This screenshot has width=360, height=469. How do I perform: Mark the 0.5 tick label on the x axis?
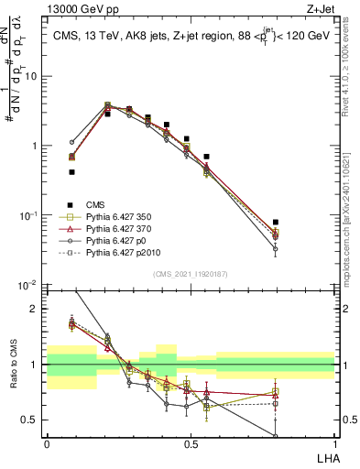[191, 443]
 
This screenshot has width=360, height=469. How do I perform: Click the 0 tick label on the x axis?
[47, 443]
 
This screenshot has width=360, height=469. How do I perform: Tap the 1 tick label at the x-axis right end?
[334, 443]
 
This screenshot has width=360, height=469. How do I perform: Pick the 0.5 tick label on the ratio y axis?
[31, 420]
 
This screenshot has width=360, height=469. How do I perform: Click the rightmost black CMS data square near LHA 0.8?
[276, 222]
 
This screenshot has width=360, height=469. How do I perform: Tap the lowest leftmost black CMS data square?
[71, 171]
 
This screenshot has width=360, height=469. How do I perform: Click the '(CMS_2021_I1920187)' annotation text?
[191, 274]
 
